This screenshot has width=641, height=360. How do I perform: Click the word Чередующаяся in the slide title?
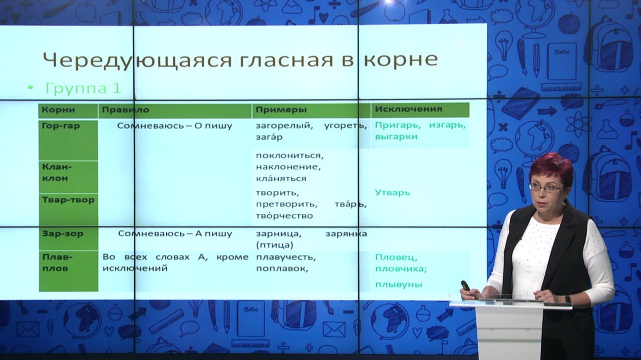(x=137, y=60)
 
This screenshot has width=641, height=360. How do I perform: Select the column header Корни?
(x=59, y=110)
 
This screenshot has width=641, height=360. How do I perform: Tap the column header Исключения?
(x=409, y=109)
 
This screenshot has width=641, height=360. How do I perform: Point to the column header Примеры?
(x=281, y=110)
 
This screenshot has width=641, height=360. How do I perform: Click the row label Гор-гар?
(x=61, y=126)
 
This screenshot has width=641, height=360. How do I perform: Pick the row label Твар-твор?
(x=69, y=200)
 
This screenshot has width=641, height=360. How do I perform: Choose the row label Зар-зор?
(x=63, y=233)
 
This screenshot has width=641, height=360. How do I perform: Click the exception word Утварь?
(x=392, y=193)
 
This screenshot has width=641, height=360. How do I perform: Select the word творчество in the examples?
(x=284, y=215)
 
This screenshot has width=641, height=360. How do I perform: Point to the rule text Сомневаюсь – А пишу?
(x=175, y=234)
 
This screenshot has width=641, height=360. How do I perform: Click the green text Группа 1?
(x=83, y=89)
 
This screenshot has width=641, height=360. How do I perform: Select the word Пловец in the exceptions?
(x=396, y=257)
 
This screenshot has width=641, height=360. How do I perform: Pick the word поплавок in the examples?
(x=282, y=269)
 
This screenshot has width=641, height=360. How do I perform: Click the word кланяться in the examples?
(x=281, y=179)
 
